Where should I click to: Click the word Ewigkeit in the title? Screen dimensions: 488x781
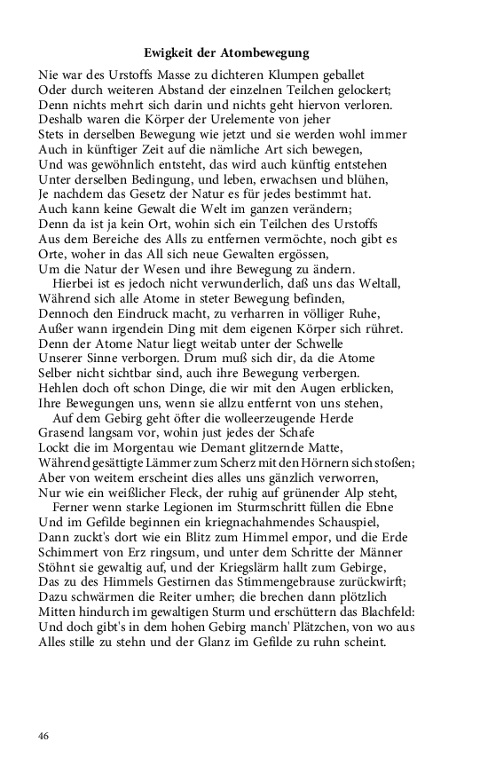click(170, 53)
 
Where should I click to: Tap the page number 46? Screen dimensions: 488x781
click(44, 737)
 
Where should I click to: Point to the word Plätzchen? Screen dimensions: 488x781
click(290, 627)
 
